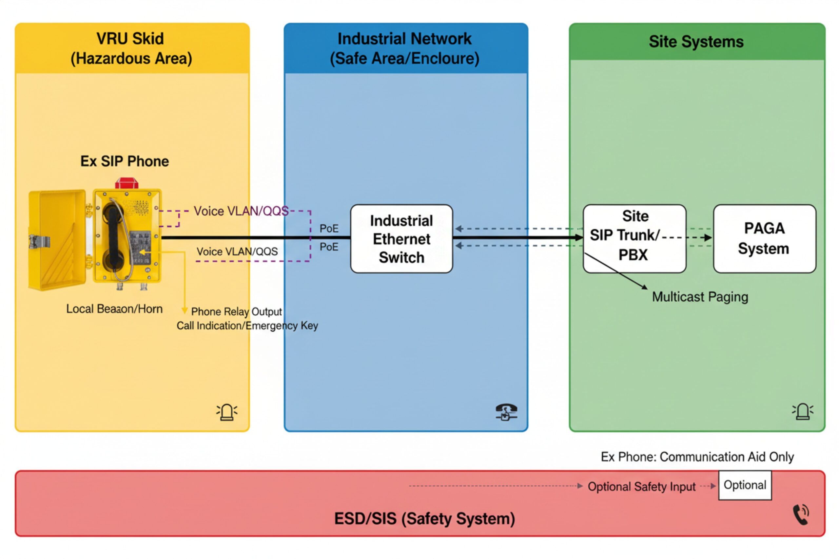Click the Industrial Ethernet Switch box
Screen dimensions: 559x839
pyautogui.click(x=401, y=239)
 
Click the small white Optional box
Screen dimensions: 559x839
pyautogui.click(x=745, y=485)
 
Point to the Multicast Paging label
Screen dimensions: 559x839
pyautogui.click(x=700, y=297)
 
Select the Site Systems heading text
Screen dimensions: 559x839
pyautogui.click(x=696, y=42)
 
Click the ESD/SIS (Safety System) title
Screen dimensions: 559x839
pyautogui.click(x=424, y=519)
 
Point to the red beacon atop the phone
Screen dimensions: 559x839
pyautogui.click(x=127, y=183)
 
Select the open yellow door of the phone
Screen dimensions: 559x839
pyautogui.click(x=57, y=240)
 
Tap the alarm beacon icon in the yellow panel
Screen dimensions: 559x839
pyautogui.click(x=227, y=412)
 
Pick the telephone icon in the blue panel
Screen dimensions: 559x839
pyautogui.click(x=506, y=412)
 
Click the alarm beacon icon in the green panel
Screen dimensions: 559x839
pyautogui.click(x=803, y=412)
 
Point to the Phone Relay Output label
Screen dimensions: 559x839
pyautogui.click(x=237, y=311)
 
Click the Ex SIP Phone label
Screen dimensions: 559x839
pyautogui.click(x=125, y=161)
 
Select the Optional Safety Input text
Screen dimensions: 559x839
pyautogui.click(x=641, y=487)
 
